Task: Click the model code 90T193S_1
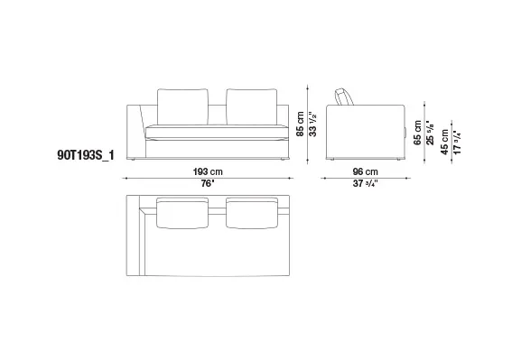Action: coord(86,155)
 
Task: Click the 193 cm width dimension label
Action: coord(208,171)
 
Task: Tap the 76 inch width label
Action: coord(207,184)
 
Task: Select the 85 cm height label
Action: coord(300,124)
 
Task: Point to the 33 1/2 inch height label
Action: coord(312,124)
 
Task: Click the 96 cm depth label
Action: coord(365,171)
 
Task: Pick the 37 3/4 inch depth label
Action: coord(365,184)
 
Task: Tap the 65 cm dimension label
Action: coord(417,133)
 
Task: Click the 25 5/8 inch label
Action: coord(430,133)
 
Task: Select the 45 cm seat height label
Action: coord(444,143)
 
